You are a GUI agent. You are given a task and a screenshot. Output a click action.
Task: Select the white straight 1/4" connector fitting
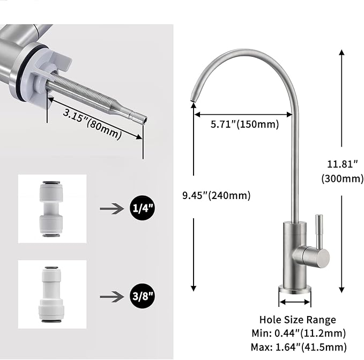[x=52, y=208]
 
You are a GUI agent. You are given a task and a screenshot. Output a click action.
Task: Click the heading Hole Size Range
[x=305, y=320]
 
